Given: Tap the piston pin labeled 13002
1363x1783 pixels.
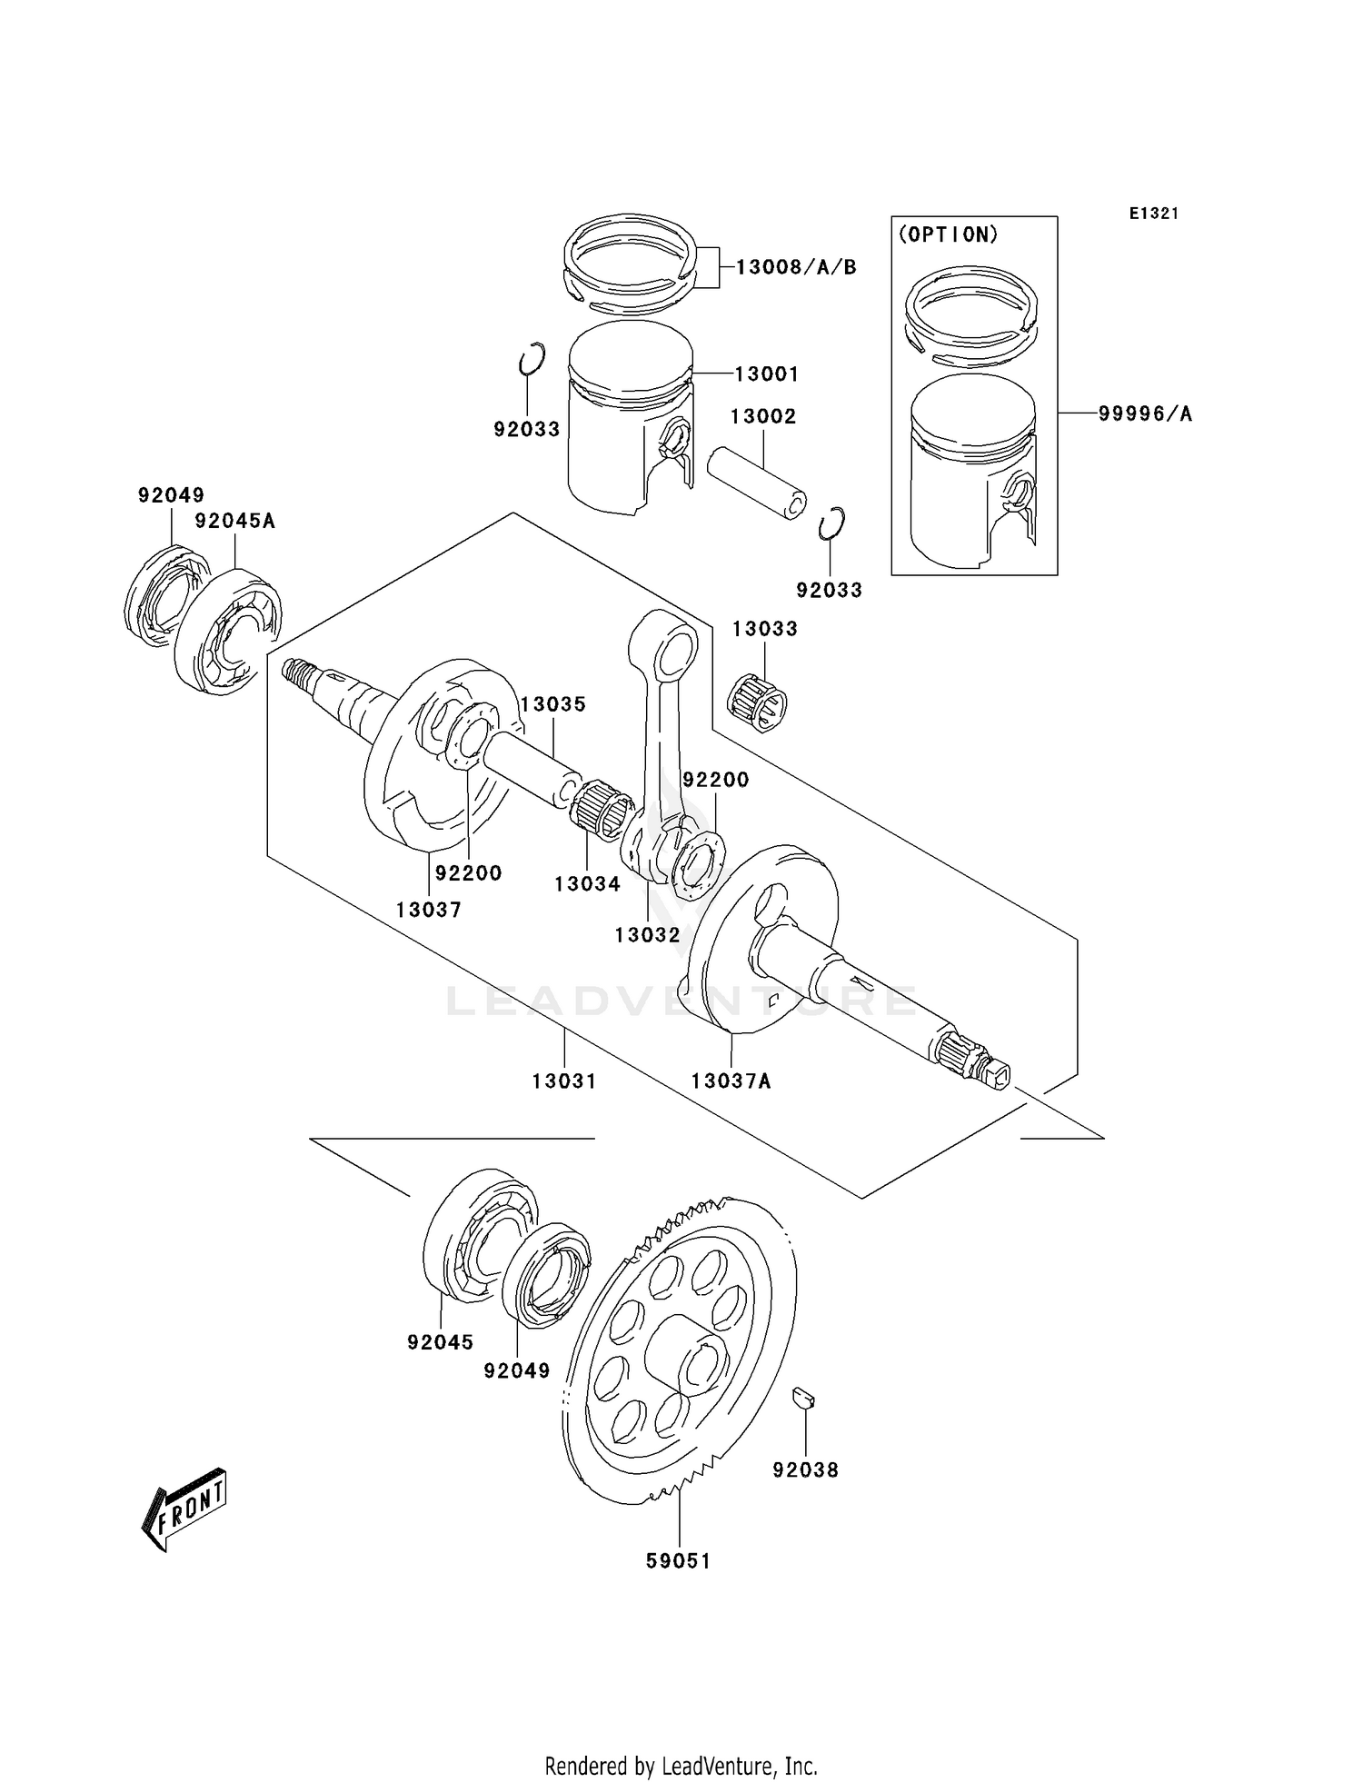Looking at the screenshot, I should [756, 482].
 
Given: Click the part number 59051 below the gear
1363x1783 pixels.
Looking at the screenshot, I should [678, 1560].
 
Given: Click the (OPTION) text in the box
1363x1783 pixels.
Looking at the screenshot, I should [948, 234].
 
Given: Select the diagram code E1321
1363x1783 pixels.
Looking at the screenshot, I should [1154, 214].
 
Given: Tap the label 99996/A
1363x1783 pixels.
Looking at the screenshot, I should [1145, 413].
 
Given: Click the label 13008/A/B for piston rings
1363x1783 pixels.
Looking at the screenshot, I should [796, 266].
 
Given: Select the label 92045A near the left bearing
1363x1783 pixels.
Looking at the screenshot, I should [234, 521].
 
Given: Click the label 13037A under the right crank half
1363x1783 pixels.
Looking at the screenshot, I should [731, 1081].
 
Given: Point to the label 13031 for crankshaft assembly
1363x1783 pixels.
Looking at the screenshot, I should [563, 1081].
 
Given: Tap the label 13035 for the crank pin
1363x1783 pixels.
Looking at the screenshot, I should [552, 704].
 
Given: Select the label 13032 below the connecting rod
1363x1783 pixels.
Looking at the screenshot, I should [647, 934].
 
